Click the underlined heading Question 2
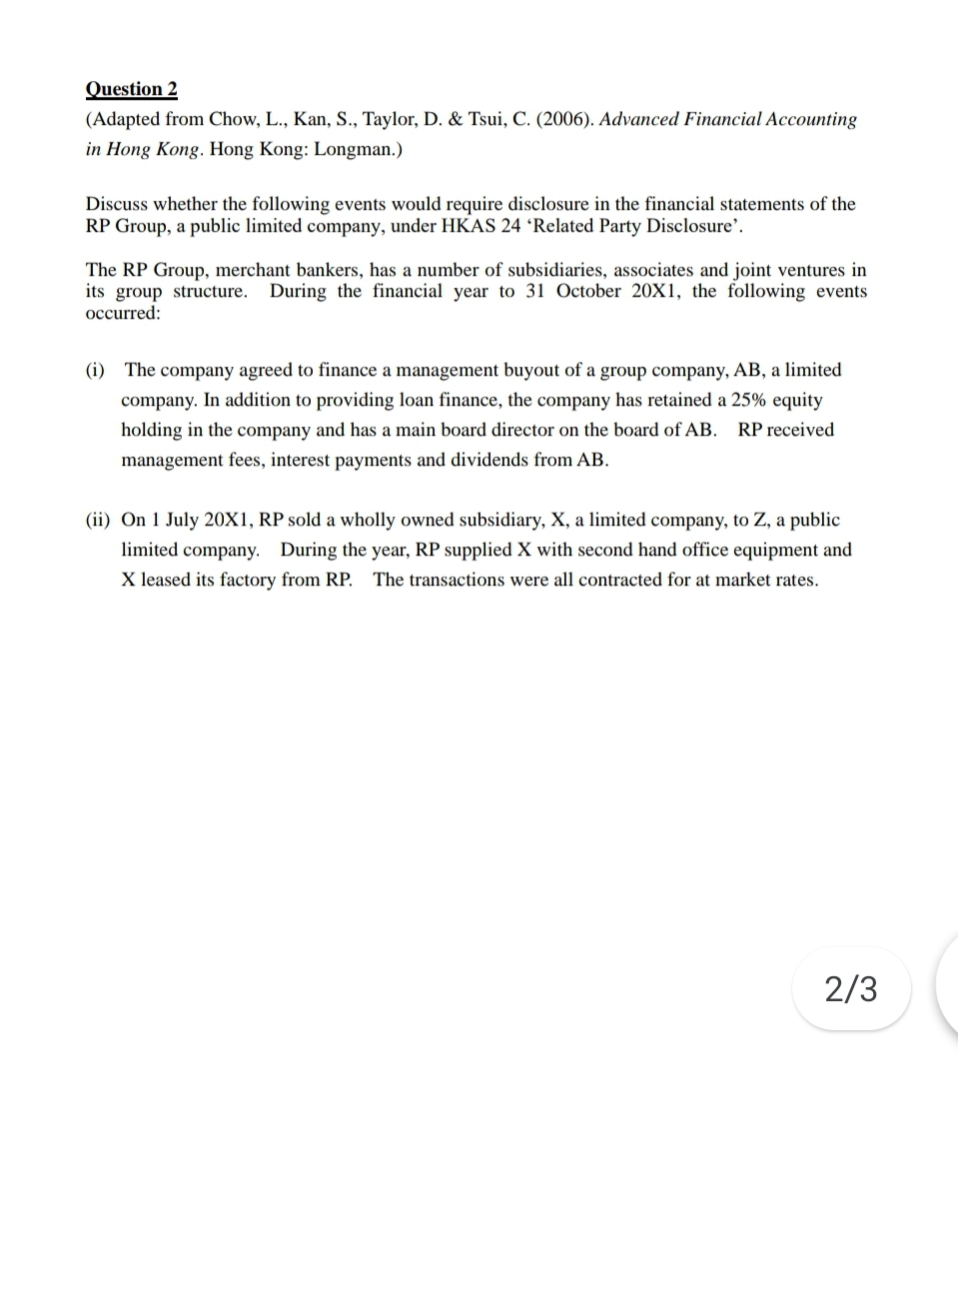131,89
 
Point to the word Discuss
117,204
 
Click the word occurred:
123,313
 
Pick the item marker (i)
95,370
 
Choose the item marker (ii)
98,520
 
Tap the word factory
246,580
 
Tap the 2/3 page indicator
851,988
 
